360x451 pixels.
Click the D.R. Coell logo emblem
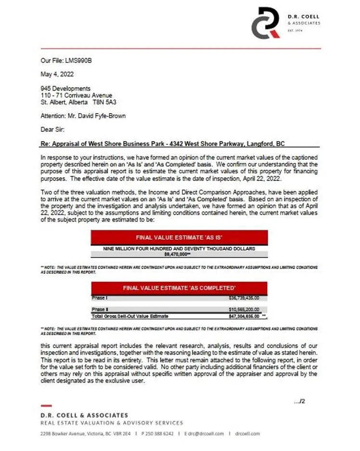(x=265, y=23)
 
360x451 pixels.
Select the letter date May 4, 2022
(x=57, y=74)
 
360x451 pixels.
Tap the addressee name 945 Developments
(x=65, y=89)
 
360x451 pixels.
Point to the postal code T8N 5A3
(x=104, y=103)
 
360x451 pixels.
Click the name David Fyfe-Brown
(x=96, y=116)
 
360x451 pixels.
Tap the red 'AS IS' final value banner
(x=179, y=238)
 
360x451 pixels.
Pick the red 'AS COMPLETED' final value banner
(x=179, y=288)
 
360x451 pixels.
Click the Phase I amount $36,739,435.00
(x=244, y=298)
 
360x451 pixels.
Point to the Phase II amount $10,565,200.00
(x=244, y=309)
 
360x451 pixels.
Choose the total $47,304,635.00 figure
(x=244, y=316)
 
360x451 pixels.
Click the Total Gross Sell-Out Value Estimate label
(x=130, y=316)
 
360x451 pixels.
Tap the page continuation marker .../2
(x=300, y=401)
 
